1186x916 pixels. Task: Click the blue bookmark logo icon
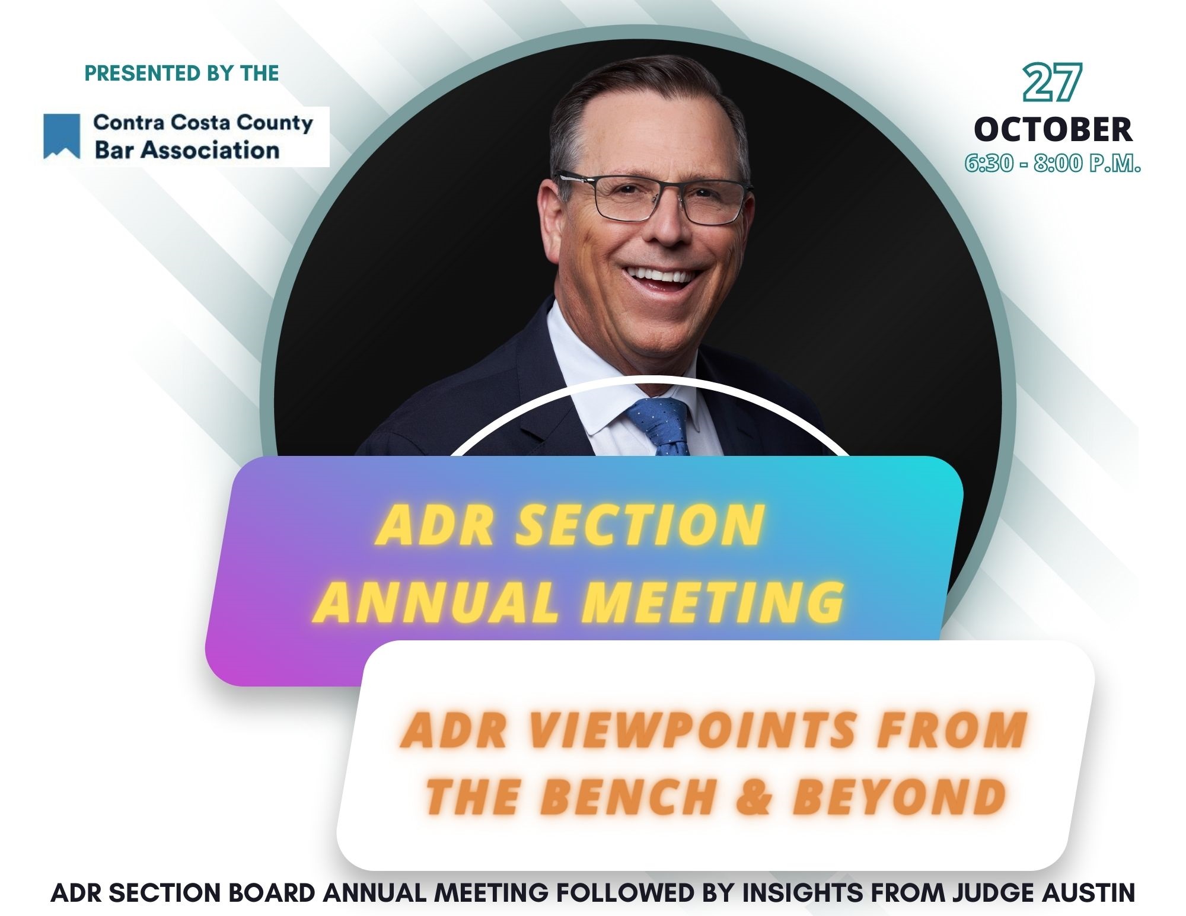(x=62, y=136)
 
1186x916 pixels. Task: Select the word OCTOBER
(x=1053, y=129)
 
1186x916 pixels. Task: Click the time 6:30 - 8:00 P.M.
(x=1053, y=163)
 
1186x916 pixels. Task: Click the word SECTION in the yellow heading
(x=640, y=524)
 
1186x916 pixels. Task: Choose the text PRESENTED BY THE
(x=181, y=73)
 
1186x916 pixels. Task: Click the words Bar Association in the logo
(x=187, y=151)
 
